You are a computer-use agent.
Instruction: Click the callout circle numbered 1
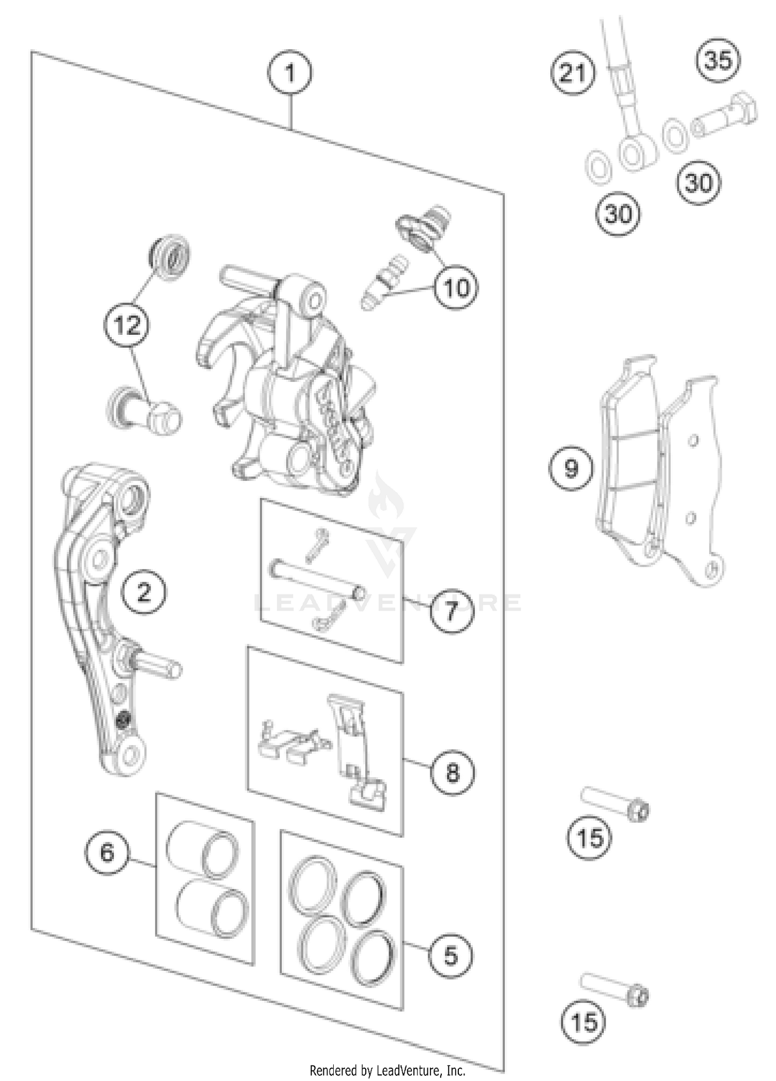point(289,73)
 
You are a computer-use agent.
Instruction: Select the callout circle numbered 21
point(573,73)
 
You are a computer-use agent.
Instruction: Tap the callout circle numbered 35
point(718,61)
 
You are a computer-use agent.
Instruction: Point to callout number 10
point(456,288)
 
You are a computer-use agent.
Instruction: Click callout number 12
point(127,325)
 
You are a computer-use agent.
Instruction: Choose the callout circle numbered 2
point(144,591)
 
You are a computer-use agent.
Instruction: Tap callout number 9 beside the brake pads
point(571,468)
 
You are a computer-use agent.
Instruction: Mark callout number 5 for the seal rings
point(451,956)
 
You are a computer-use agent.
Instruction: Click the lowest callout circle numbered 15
point(583,1023)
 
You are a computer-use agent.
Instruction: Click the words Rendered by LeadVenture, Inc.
point(387,1070)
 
